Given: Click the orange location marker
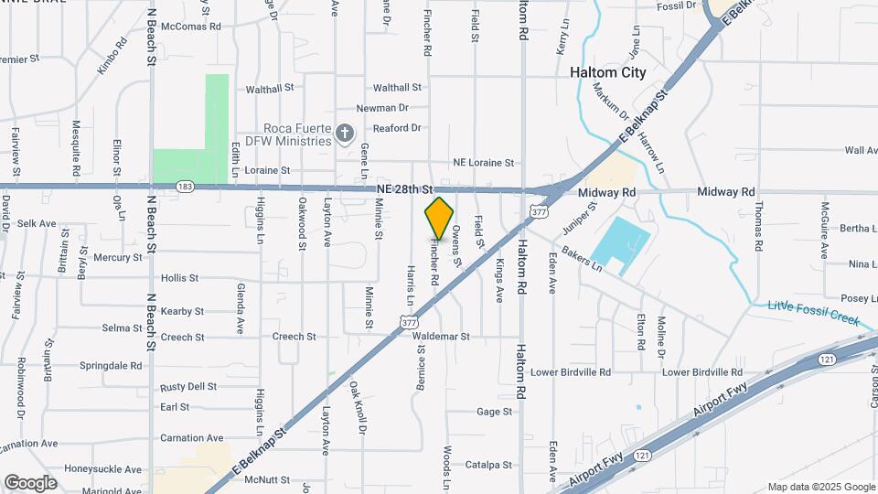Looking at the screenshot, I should point(439,217).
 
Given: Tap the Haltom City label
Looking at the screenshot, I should point(607,72).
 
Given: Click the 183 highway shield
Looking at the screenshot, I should point(185,186).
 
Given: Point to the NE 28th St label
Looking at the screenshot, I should point(403,188).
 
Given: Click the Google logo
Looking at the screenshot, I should point(30,482).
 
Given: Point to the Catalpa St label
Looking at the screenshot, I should point(487,465).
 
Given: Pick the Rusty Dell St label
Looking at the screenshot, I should point(187,387).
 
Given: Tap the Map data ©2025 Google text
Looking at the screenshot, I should point(820,487).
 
